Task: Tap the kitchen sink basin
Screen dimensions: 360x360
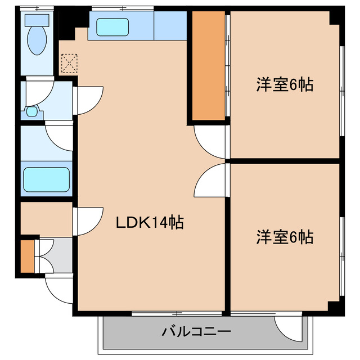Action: pos(113,26)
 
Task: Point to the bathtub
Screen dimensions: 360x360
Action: pos(46,179)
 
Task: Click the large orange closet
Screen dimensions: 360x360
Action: pos(208,65)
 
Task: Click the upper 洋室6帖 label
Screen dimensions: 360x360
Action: pos(285,85)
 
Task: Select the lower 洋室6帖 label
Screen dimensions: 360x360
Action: pos(285,236)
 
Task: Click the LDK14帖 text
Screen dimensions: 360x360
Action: pos(150,223)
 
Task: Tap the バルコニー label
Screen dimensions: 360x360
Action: pos(196,331)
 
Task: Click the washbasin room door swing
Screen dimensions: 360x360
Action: pos(88,99)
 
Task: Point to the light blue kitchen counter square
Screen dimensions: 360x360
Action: pos(170,26)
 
